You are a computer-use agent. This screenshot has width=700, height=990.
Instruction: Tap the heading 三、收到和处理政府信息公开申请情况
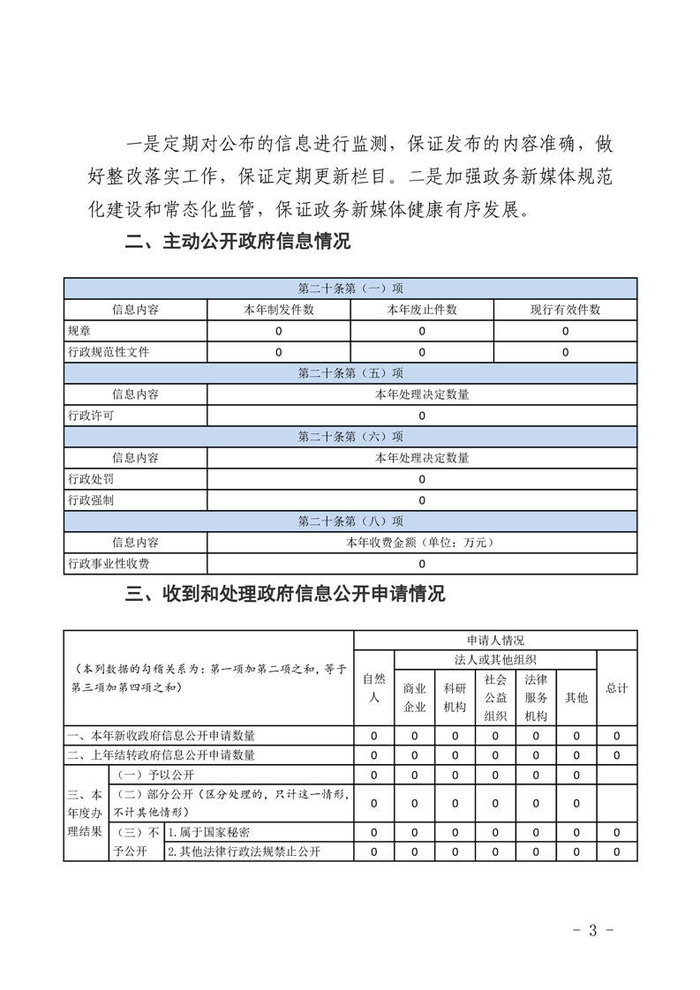[x=285, y=594]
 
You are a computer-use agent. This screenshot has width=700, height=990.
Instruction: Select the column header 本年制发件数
[x=278, y=310]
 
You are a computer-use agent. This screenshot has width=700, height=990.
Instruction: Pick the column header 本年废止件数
[x=422, y=310]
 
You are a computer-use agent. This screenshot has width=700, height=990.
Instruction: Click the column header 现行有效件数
[x=565, y=310]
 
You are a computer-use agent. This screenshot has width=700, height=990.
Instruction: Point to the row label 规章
[x=79, y=331]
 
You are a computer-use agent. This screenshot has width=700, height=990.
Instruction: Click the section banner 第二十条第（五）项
[x=350, y=373]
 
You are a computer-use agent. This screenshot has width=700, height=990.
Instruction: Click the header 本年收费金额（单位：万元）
[x=422, y=543]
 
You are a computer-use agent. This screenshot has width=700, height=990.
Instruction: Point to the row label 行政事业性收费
[x=109, y=564]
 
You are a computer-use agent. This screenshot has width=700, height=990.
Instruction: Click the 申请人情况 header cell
[x=495, y=640]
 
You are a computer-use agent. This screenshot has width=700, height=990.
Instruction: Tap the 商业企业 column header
[x=415, y=697]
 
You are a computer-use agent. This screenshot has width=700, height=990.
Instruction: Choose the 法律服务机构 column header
[x=536, y=697]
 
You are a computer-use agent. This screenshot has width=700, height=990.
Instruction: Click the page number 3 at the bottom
[x=593, y=930]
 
